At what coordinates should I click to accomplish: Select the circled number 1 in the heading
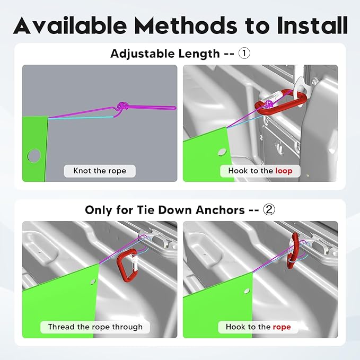coord(244,54)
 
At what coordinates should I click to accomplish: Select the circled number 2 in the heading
coord(269,209)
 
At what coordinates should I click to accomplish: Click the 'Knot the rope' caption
coord(100,171)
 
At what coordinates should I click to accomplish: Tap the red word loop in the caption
coord(284,171)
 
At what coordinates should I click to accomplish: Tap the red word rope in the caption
coord(282,327)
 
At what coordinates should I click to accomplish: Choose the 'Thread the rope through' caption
coord(95,327)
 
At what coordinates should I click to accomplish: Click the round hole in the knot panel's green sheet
coord(34,155)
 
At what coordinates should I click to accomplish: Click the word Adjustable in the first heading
coord(142,54)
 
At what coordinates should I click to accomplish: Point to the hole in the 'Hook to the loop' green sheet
coord(222,152)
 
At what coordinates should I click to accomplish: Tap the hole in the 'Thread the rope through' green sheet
coord(93,281)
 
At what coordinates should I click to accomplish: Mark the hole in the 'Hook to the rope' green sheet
coord(247,291)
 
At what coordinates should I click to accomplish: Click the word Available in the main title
coord(70,25)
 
